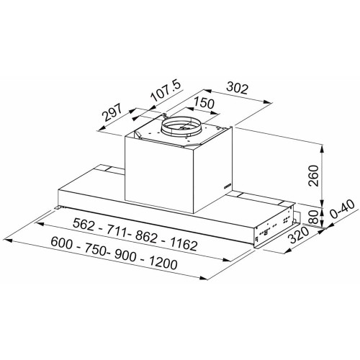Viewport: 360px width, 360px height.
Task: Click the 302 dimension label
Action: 237,88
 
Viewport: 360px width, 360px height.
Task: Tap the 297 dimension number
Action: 112,112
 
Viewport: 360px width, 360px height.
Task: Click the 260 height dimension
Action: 314,176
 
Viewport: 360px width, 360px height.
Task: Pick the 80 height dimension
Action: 314,217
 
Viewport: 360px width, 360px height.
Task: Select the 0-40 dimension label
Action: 343,210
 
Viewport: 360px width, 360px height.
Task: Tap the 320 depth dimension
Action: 299,235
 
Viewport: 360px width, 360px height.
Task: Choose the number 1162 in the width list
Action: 184,244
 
